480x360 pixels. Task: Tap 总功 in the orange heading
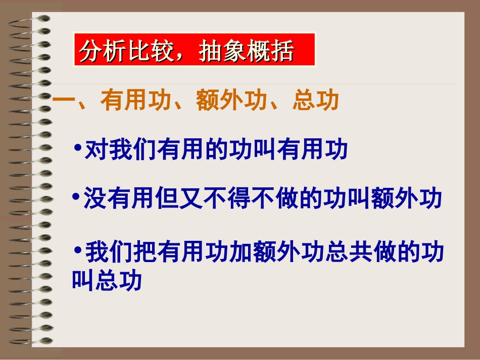coord(315,101)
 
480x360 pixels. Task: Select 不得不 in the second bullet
coord(241,199)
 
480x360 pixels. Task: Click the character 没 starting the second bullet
coord(94,199)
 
